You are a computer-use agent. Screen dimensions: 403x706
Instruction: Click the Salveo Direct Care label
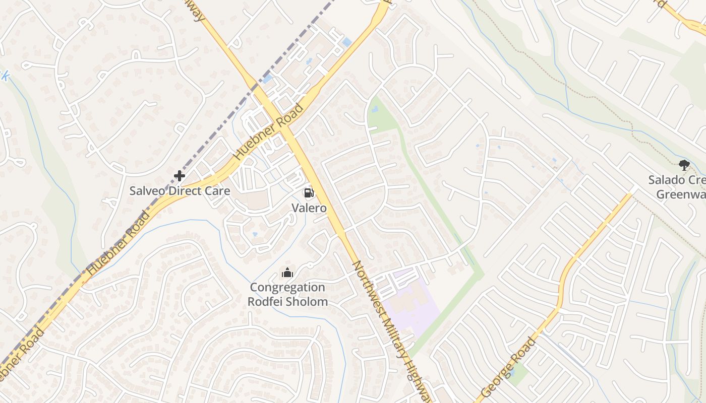pyautogui.click(x=180, y=191)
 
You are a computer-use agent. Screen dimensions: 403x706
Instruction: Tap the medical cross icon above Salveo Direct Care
pyautogui.click(x=179, y=176)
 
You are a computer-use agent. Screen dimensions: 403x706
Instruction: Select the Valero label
pyautogui.click(x=309, y=208)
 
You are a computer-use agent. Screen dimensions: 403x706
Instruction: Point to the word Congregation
pyautogui.click(x=287, y=288)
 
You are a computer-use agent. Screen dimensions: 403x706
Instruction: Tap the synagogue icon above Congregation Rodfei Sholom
pyautogui.click(x=287, y=273)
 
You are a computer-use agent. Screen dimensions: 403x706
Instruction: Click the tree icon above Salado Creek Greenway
pyautogui.click(x=684, y=165)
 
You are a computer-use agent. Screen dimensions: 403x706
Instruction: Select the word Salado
pyautogui.click(x=667, y=180)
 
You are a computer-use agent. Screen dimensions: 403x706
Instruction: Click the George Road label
pyautogui.click(x=508, y=367)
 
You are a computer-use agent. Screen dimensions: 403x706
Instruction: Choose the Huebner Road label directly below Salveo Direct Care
pyautogui.click(x=119, y=243)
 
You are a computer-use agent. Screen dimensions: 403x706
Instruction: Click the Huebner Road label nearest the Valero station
pyautogui.click(x=269, y=131)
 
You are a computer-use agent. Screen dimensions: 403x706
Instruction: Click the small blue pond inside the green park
pyautogui.click(x=375, y=108)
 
